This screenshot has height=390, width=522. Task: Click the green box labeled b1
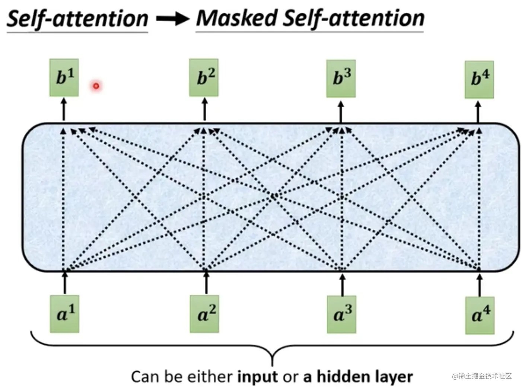[x=64, y=77]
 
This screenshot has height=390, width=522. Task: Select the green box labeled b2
[x=204, y=77]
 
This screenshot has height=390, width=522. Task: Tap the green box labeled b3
[x=341, y=79]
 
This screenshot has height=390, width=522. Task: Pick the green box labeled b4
[x=479, y=80]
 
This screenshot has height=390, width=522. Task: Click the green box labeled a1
[x=64, y=314]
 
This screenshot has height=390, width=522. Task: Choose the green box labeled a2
[x=204, y=314]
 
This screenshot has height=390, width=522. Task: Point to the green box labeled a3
[x=341, y=314]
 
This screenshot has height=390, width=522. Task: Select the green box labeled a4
[x=480, y=315]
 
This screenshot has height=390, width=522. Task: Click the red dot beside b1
[x=96, y=86]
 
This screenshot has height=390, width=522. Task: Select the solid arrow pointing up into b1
[x=64, y=109]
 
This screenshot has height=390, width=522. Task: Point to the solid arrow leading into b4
[x=478, y=111]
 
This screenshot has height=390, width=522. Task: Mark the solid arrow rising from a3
[x=343, y=284]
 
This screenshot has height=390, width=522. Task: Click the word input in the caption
[x=257, y=377]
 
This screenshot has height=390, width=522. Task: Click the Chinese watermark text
[x=482, y=376]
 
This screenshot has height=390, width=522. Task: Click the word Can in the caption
[x=146, y=377]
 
